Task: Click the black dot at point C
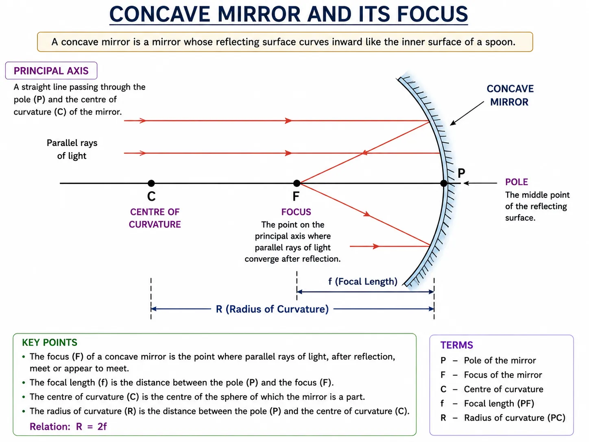tap(151, 183)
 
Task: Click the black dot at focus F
tap(297, 183)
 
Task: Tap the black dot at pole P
tap(444, 183)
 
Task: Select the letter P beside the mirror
tap(461, 173)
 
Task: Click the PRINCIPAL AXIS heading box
tap(51, 70)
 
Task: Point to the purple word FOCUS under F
tap(296, 212)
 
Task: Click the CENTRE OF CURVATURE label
tap(155, 218)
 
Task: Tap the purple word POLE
tap(517, 182)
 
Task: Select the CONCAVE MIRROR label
tap(510, 95)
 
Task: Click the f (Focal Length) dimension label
tap(363, 281)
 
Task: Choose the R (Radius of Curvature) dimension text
tap(272, 309)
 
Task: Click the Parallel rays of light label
tap(72, 149)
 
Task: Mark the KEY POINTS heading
tap(50, 342)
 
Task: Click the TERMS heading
tap(456, 345)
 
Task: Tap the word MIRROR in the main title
tap(259, 14)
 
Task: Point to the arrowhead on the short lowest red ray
tap(376, 246)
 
